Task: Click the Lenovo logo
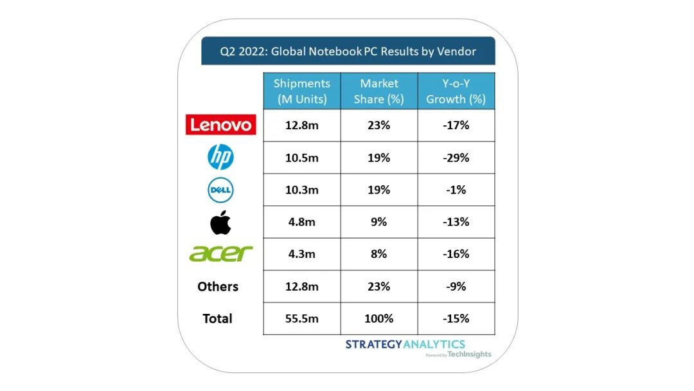coord(220,125)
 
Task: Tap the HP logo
coord(220,157)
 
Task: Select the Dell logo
coord(220,190)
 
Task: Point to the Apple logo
coord(220,222)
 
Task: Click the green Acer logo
coord(220,253)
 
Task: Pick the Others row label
coord(218,286)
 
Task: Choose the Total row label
coord(217,318)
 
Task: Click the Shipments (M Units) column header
coord(301,91)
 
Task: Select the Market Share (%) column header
coord(378,91)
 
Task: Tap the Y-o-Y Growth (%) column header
coord(456,91)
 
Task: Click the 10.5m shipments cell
coord(301,158)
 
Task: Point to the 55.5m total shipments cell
coord(301,318)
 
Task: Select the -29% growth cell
coord(456,158)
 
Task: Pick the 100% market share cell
coord(378,318)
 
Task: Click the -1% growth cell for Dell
coord(456,190)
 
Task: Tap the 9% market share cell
coord(378,222)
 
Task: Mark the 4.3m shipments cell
coord(301,254)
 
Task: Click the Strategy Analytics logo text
coord(405,344)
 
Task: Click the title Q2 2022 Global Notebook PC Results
coord(348,51)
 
